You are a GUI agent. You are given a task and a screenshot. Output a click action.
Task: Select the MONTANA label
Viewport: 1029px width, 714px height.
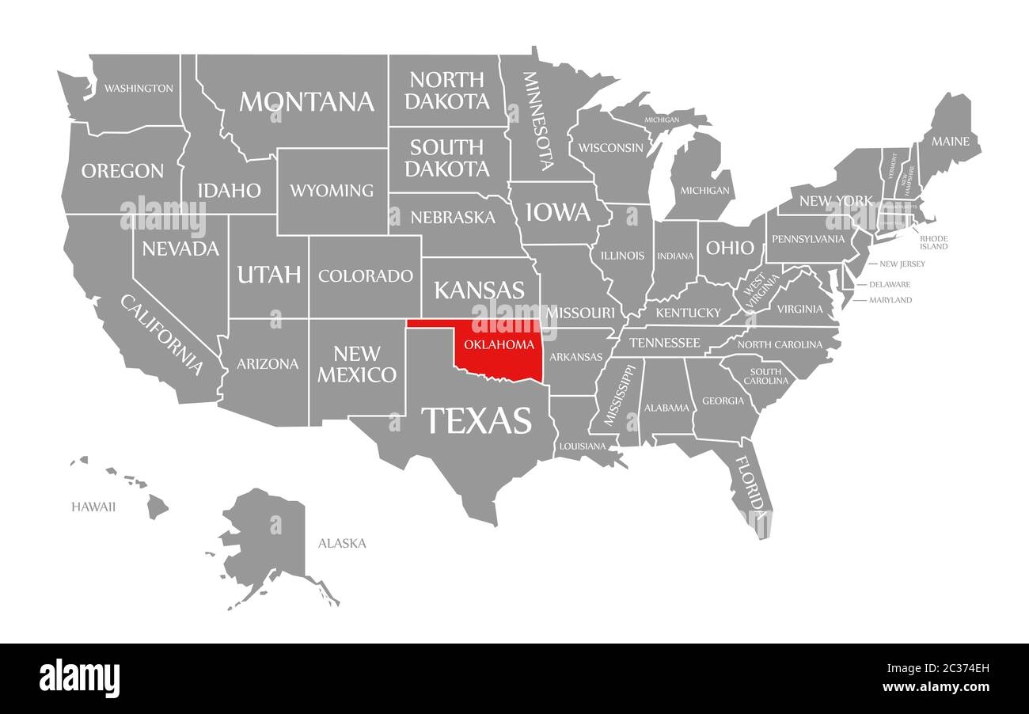pyautogui.click(x=306, y=101)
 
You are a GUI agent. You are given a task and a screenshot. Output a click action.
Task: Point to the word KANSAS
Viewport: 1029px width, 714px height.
pyautogui.click(x=479, y=290)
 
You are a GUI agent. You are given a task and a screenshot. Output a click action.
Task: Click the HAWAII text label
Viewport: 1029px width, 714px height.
pyautogui.click(x=93, y=507)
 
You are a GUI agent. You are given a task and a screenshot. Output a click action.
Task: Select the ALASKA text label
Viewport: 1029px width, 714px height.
pyautogui.click(x=342, y=543)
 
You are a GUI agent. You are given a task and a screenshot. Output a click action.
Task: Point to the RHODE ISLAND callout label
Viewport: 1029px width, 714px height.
pyautogui.click(x=933, y=242)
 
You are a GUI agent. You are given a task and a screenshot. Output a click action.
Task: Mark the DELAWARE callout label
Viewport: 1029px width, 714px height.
pyautogui.click(x=889, y=284)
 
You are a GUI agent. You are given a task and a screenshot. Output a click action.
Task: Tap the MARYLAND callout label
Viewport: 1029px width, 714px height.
pyautogui.click(x=890, y=300)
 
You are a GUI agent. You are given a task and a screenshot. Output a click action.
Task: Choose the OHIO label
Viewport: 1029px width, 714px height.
pyautogui.click(x=730, y=248)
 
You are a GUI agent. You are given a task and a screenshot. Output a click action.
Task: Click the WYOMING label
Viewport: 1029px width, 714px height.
pyautogui.click(x=332, y=191)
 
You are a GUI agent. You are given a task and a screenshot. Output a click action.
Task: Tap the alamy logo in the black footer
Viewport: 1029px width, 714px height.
pyautogui.click(x=79, y=678)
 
